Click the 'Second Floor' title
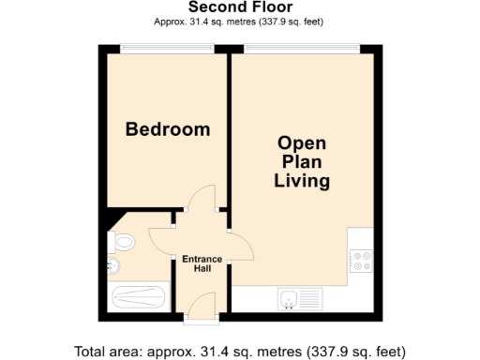(x=240, y=7)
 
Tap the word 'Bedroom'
(x=168, y=129)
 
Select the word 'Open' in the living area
(x=301, y=142)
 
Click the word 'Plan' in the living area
(x=301, y=161)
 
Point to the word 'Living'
(x=301, y=181)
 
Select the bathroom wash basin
(x=112, y=267)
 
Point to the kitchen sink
(x=289, y=300)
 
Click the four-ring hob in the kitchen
(x=360, y=261)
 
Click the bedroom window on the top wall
(x=167, y=47)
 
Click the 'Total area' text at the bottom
(x=240, y=352)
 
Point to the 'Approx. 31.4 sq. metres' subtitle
(x=240, y=22)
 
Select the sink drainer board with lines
(x=311, y=300)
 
